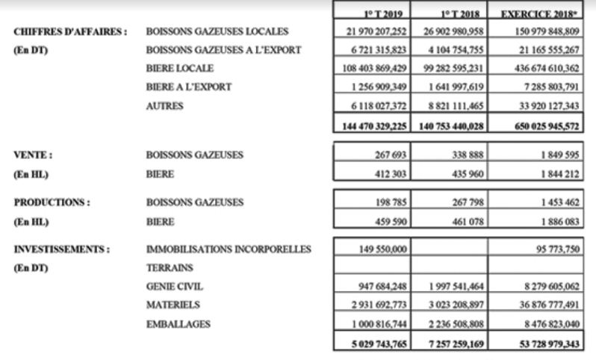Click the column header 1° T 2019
point(370,13)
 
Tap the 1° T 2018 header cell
point(448,13)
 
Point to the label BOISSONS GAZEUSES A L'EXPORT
point(224,50)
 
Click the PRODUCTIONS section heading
point(52,202)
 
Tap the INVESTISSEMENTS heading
point(61,249)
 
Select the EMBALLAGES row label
point(179,323)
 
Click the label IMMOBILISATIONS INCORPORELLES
point(229,249)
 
